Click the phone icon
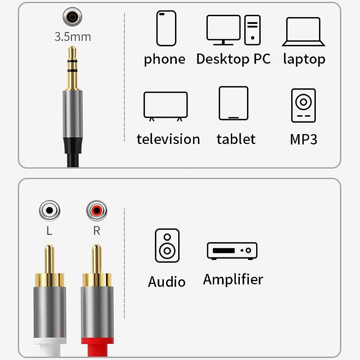coord(166,28)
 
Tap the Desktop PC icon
coord(233,30)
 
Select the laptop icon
coord(303,31)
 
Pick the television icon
coord(165,106)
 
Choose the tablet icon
coord(234,103)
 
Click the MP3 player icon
coord(303,105)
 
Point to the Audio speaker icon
coord(167,245)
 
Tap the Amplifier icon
coord(232,250)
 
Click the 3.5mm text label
coord(72,37)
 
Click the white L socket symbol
coord(49,210)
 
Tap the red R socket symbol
coord(96,210)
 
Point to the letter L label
coord(49,231)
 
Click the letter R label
coord(96,231)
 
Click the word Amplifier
coord(233,279)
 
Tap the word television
coord(168,139)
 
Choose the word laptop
coord(304,59)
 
